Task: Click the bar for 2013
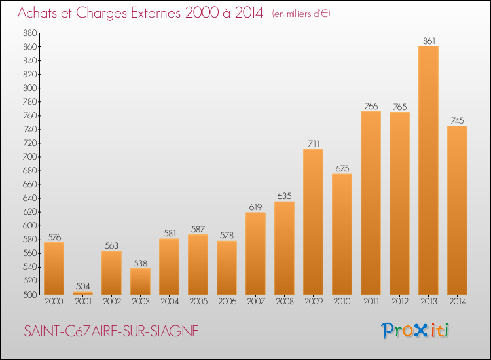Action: point(428,170)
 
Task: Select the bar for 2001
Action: point(82,293)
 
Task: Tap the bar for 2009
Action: point(313,222)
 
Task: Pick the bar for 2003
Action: point(140,281)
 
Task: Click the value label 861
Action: point(429,41)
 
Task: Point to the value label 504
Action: point(83,286)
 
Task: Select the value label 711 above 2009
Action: point(314,143)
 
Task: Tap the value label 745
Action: point(457,120)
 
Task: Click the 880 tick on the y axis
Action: point(30,33)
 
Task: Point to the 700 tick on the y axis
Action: point(30,157)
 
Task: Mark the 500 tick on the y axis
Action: point(30,295)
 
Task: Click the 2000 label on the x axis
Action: point(54,301)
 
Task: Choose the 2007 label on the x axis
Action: point(256,301)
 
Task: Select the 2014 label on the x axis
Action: point(458,301)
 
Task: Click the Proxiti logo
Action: point(415,331)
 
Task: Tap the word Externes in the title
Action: point(156,12)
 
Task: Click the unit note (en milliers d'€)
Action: point(301,14)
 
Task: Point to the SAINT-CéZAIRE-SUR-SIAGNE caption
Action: point(111,331)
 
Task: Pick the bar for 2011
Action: point(371,203)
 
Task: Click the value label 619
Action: point(255,207)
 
